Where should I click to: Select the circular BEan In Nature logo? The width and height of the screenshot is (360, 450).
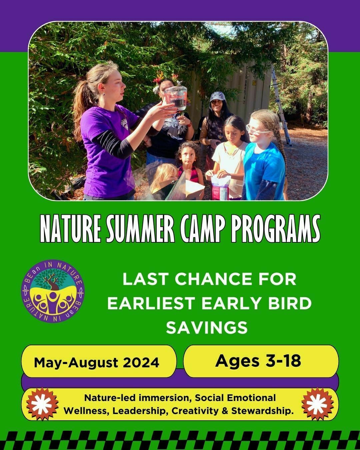pos(53,291)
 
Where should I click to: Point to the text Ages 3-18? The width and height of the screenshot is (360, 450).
pos(258,361)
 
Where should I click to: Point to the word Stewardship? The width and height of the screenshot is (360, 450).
pos(261,411)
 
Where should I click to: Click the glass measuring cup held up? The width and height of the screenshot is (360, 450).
pos(176,98)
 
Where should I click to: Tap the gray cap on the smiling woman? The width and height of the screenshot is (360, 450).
pos(218,96)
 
